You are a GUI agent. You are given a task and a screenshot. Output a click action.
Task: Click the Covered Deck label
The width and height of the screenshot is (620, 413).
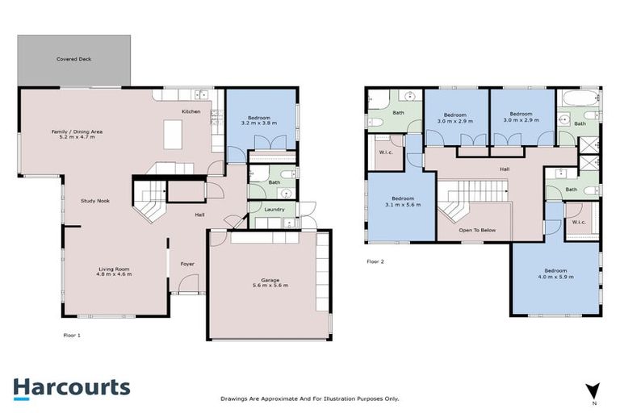[x=73, y=59]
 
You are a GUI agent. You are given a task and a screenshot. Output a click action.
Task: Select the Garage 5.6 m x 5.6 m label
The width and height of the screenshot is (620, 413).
[x=270, y=283]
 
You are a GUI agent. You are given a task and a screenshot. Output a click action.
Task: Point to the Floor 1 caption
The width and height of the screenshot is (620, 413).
[x=72, y=334]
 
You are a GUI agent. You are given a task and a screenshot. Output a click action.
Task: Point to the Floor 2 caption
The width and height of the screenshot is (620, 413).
[x=375, y=261]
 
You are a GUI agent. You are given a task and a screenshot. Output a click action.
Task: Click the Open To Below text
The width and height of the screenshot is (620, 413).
[x=476, y=231]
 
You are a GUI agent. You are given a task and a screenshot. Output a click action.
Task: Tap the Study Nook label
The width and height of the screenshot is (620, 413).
[x=94, y=200]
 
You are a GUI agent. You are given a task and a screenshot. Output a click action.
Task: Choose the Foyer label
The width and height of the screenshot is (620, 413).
[x=187, y=262]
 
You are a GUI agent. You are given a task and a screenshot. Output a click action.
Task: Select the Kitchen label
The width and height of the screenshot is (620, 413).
[x=191, y=111]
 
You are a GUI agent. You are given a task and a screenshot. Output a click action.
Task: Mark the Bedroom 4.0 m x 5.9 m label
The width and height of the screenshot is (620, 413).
[x=555, y=273]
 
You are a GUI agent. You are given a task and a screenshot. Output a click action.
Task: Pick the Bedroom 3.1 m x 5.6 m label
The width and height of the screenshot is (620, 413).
[x=403, y=202]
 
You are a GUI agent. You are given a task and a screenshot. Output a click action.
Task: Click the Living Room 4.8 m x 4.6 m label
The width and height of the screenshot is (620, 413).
[x=114, y=272]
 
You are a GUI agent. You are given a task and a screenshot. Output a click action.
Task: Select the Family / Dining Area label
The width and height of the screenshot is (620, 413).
[x=77, y=134]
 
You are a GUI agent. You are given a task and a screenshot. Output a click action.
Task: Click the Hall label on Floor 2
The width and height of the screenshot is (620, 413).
[x=504, y=169]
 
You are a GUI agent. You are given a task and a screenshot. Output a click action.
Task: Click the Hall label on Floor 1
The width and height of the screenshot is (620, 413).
[x=199, y=215]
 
